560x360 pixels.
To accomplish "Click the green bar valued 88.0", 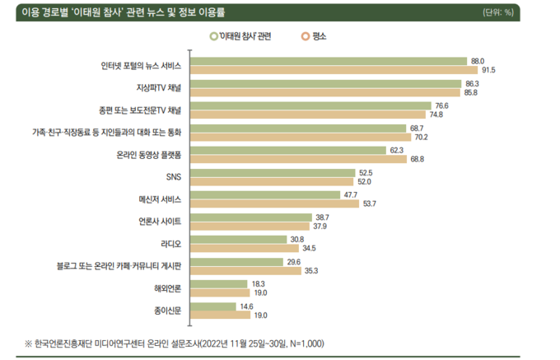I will pos(329,61).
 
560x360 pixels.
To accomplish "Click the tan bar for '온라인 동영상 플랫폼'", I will pos(299,159).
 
